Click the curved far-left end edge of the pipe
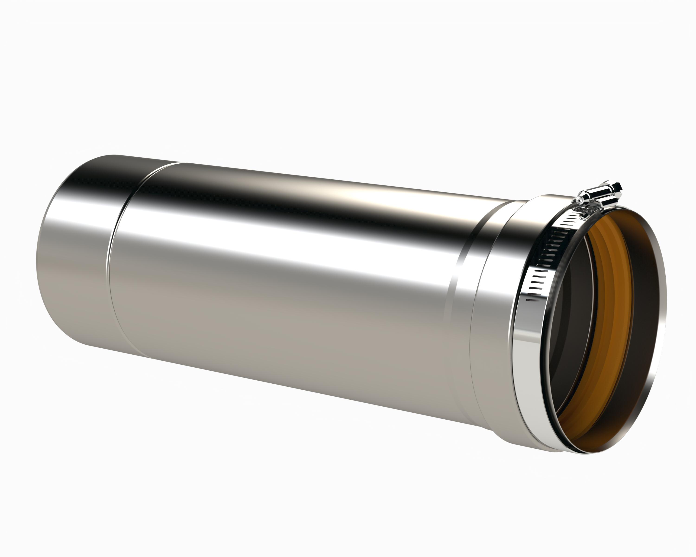click(x=37, y=258)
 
